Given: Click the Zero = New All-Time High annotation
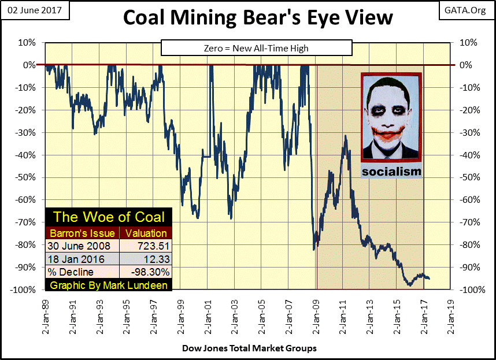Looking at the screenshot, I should (256, 48).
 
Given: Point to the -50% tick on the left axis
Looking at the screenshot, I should (25, 177).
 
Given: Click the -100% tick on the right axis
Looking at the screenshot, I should (470, 290).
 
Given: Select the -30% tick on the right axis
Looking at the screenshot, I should (469, 132).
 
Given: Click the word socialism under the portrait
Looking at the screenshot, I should (391, 172).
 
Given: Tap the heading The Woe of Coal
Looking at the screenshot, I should (109, 217).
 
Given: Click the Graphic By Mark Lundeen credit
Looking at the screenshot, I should (109, 285).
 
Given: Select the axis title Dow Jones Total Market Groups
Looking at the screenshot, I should (249, 348).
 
